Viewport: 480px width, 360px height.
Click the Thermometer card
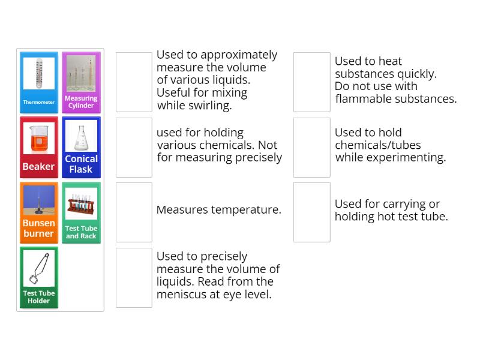39,82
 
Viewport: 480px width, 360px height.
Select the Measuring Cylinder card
81,82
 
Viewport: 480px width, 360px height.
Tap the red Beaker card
39,148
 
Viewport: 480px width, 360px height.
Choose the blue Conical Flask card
81,148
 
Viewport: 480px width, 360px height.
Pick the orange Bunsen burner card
39,212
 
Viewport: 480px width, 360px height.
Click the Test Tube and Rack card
81,212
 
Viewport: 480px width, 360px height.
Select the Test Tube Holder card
39,277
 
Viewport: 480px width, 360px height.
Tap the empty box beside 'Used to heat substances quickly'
312,82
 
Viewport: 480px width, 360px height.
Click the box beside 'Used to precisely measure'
134,277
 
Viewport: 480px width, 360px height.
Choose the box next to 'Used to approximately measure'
134,82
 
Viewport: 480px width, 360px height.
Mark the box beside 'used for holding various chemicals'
134,148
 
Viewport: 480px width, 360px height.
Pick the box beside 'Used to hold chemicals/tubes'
312,148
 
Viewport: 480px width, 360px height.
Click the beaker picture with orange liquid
39,139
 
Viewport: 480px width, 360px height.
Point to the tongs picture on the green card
39,268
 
